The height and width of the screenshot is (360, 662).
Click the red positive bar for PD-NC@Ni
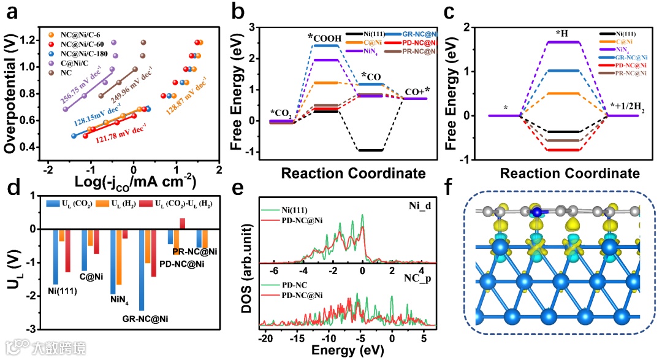[x=182, y=223]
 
